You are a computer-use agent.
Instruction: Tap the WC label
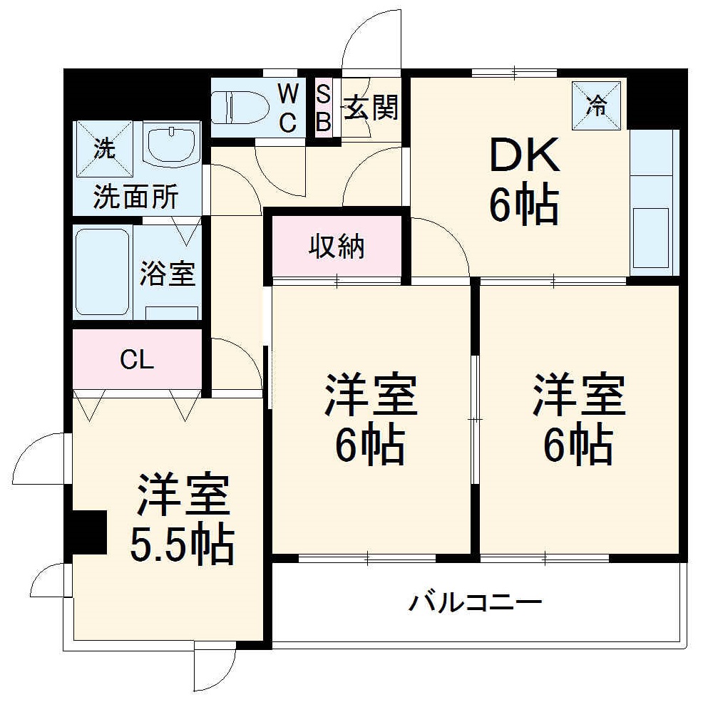click(287, 108)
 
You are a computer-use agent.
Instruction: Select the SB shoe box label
click(323, 108)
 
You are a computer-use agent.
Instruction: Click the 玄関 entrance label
click(371, 108)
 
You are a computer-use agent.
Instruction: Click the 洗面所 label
click(135, 197)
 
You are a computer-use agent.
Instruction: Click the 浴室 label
click(167, 273)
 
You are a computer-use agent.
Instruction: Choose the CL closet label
click(136, 361)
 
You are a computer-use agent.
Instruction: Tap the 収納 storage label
click(336, 247)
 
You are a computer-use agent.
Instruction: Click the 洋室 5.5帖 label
click(182, 520)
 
